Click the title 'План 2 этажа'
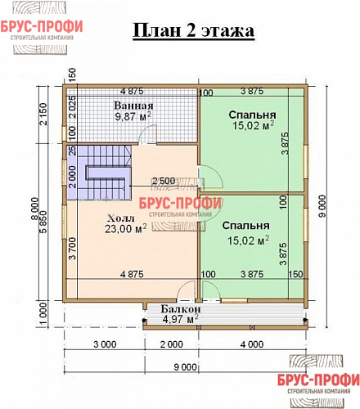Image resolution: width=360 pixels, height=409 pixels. coord(193,31)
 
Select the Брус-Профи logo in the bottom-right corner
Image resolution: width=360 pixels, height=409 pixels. coord(317,384)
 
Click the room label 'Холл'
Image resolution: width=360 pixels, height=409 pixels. coord(121,219)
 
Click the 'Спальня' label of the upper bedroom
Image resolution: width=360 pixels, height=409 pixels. coord(251,115)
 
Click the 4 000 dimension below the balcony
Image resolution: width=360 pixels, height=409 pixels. coord(252,343)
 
